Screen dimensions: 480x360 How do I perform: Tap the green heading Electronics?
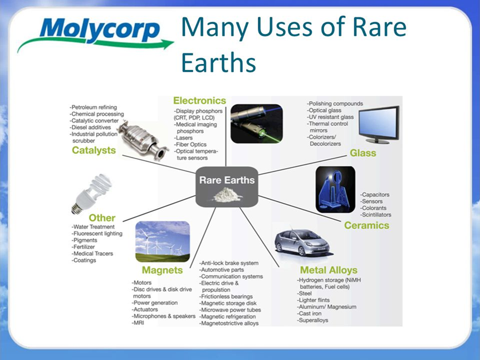(199, 101)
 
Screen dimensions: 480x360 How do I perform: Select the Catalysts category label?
(94, 150)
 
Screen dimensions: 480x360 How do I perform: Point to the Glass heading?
(363, 153)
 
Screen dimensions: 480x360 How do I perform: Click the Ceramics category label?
(366, 225)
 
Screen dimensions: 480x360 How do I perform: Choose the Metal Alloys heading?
(329, 270)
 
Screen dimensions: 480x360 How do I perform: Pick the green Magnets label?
(162, 270)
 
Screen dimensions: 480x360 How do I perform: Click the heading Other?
(102, 218)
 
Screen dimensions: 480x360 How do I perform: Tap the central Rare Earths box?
(227, 187)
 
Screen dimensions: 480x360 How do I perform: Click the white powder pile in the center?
(227, 195)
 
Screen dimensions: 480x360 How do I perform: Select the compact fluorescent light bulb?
(91, 194)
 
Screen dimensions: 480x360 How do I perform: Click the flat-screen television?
(379, 125)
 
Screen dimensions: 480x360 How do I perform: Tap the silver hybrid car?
(302, 241)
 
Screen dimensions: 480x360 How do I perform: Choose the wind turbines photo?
(163, 241)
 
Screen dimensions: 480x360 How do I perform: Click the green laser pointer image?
(257, 124)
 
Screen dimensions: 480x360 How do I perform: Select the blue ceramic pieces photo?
(336, 190)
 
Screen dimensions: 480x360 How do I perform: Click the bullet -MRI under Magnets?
(138, 323)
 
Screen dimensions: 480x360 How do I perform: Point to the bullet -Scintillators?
(376, 215)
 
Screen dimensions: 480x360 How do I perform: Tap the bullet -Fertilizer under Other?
(84, 247)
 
